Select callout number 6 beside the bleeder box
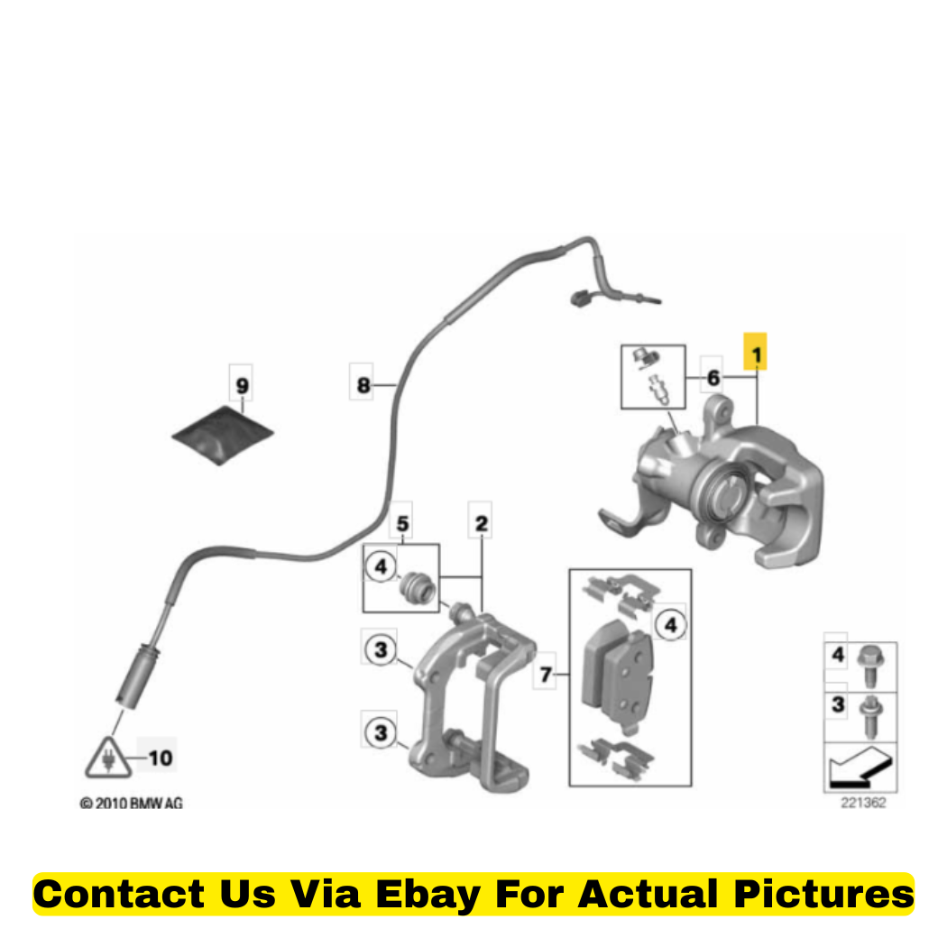pyautogui.click(x=713, y=378)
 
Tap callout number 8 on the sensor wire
pyautogui.click(x=363, y=385)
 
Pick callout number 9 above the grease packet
pyautogui.click(x=242, y=385)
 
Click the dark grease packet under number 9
pyautogui.click(x=223, y=435)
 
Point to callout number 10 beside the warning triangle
pyautogui.click(x=161, y=758)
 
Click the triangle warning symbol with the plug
pyautogui.click(x=109, y=758)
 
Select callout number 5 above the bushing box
pyautogui.click(x=402, y=523)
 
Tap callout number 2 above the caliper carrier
pyautogui.click(x=481, y=523)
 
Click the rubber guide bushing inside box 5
pyautogui.click(x=418, y=587)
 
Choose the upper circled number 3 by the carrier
pyautogui.click(x=381, y=650)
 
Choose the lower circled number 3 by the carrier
pyautogui.click(x=381, y=732)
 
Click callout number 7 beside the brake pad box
pyautogui.click(x=546, y=674)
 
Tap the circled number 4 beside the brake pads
pyautogui.click(x=670, y=624)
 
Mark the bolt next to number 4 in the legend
pyautogui.click(x=870, y=667)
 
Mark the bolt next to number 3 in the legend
pyautogui.click(x=870, y=717)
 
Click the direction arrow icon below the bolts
pyautogui.click(x=860, y=768)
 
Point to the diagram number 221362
pyautogui.click(x=863, y=803)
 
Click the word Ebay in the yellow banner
pyautogui.click(x=428, y=895)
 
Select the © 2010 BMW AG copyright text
pyautogui.click(x=131, y=804)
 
